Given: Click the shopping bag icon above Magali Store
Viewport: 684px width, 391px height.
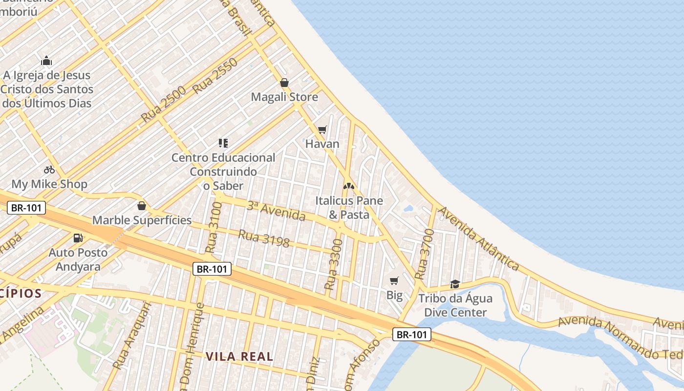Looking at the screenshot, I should [284, 83].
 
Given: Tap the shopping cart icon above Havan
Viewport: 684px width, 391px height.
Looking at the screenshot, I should [322, 130].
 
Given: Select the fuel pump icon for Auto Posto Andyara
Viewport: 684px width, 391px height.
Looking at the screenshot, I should [78, 238].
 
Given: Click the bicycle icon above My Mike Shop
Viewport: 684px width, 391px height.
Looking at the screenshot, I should [49, 170].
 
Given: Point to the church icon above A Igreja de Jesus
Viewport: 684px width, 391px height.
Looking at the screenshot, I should [46, 61].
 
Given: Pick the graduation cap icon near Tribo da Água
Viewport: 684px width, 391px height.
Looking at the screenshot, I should [455, 283].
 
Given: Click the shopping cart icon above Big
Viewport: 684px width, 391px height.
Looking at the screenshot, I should [394, 281].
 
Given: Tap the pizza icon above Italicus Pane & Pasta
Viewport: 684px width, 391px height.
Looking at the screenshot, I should [348, 186].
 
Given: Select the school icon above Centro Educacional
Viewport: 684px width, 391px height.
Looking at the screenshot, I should [223, 143].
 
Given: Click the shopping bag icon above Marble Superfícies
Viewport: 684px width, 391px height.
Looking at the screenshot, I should [142, 206].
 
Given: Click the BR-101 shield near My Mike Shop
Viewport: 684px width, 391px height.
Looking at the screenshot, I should [27, 208].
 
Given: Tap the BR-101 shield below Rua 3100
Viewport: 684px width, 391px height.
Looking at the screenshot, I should [212, 269].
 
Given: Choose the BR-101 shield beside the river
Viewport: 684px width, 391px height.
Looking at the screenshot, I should [412, 334].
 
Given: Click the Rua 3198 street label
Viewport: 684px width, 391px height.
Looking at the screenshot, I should [264, 238].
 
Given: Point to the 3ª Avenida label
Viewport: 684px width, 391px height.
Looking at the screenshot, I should [276, 211].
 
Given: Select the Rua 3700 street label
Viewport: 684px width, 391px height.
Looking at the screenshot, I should [423, 261].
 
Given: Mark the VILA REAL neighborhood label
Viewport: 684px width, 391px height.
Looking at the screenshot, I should [239, 356].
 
